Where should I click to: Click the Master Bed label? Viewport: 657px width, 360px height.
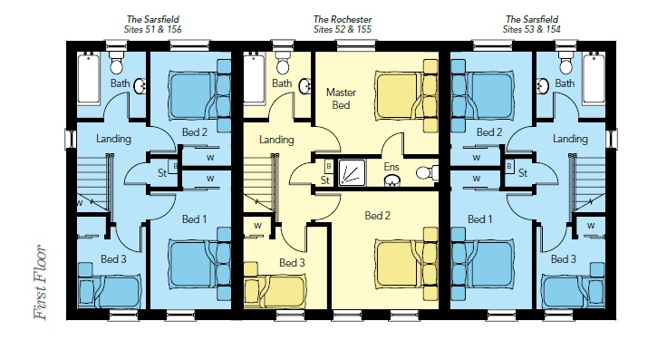click(x=341, y=99)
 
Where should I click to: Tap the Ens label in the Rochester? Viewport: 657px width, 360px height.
click(x=391, y=166)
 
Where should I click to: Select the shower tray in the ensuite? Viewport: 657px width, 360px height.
click(x=352, y=172)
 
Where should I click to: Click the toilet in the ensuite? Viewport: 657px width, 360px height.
click(x=428, y=172)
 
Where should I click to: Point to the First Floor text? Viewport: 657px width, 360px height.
click(x=41, y=282)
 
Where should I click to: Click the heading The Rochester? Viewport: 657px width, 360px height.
click(x=343, y=19)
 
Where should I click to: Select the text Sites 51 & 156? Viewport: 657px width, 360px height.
click(x=153, y=29)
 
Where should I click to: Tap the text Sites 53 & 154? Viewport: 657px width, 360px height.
click(x=531, y=29)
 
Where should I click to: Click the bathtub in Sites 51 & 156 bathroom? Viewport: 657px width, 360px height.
click(x=89, y=78)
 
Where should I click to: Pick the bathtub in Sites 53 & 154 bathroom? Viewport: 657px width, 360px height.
click(x=594, y=78)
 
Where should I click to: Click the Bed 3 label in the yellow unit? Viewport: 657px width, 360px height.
click(x=292, y=263)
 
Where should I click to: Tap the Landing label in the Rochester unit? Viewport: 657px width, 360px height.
click(x=276, y=140)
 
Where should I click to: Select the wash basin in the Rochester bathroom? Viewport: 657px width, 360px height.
click(x=305, y=86)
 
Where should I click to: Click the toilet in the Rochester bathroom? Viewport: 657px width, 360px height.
click(x=284, y=63)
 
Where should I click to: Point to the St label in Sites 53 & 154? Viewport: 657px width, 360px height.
click(x=523, y=172)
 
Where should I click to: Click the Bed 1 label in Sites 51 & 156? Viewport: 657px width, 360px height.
click(x=194, y=219)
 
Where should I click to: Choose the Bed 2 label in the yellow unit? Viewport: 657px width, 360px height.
click(x=378, y=216)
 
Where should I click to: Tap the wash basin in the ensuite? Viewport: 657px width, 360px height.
click(x=392, y=180)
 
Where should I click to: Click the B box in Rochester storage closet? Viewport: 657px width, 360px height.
click(x=329, y=167)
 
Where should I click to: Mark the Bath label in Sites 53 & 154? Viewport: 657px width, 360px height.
click(x=565, y=83)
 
